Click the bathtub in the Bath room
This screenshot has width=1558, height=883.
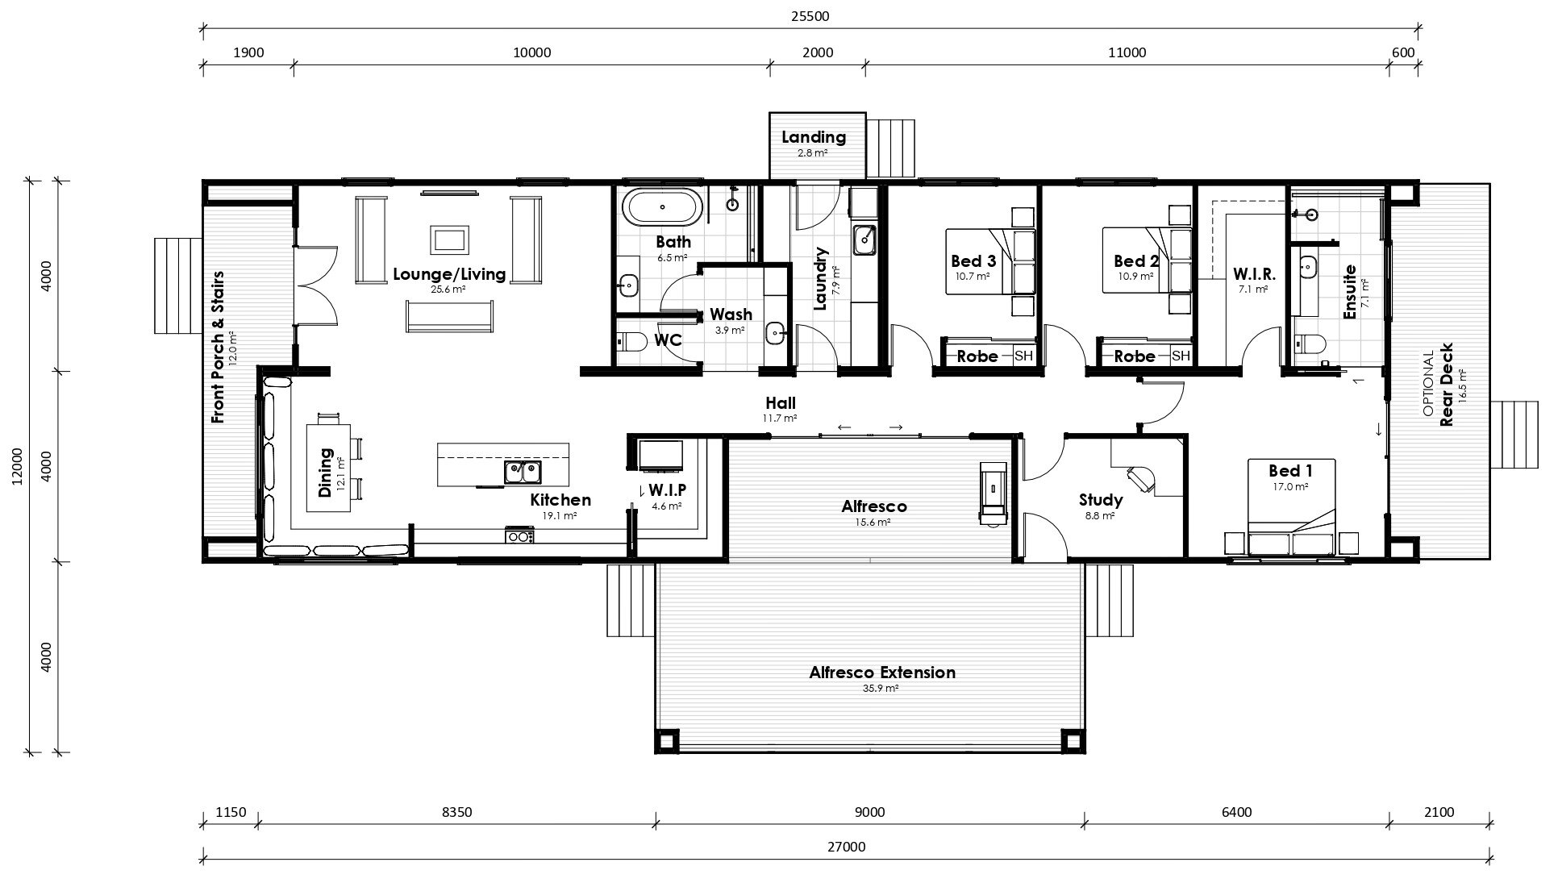click(664, 206)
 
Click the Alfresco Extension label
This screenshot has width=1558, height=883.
click(882, 673)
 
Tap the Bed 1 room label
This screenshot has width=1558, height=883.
click(1290, 471)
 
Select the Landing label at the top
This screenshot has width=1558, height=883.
click(814, 137)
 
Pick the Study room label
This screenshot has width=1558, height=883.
click(1101, 501)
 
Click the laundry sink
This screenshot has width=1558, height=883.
click(864, 239)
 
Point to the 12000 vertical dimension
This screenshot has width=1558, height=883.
click(18, 467)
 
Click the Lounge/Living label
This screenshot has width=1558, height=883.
click(449, 274)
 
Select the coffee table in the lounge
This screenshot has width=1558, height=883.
click(450, 239)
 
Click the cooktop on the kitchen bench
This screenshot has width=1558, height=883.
click(519, 535)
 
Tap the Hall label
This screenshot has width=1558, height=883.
click(781, 403)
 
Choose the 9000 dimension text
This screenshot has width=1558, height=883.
click(869, 812)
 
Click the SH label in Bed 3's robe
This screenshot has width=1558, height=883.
click(1023, 356)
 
